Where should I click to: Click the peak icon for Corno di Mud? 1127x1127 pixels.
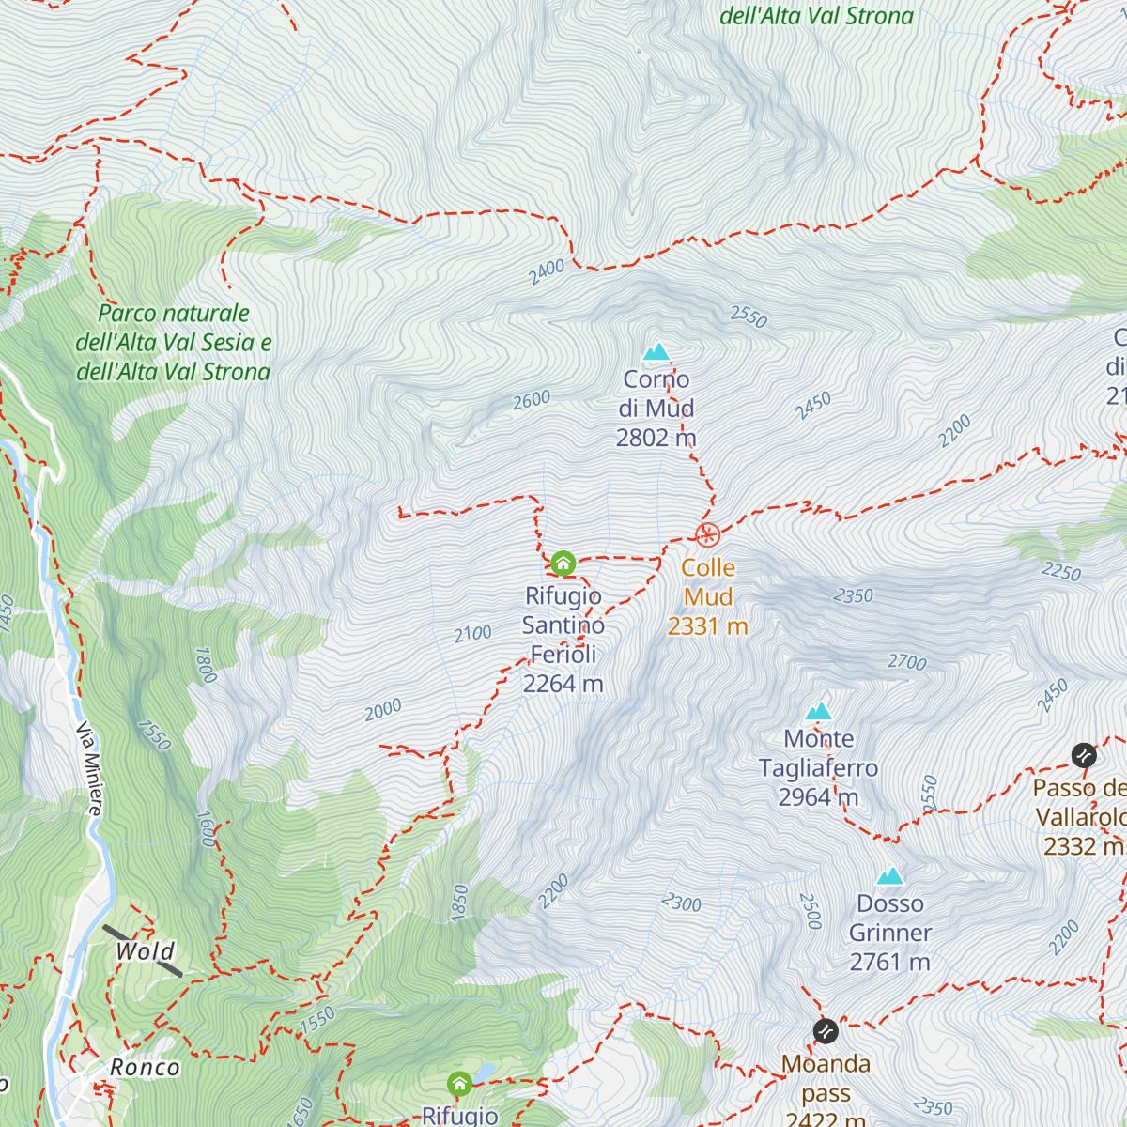[656, 352]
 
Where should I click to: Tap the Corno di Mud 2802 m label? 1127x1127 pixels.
[656, 409]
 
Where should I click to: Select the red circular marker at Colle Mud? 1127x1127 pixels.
[707, 535]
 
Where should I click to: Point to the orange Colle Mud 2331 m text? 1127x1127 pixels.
[708, 596]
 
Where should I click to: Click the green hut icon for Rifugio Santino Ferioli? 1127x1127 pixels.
[563, 563]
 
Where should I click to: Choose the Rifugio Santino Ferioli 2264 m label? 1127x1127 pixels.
[563, 640]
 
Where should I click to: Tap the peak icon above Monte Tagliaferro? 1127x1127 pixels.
[819, 711]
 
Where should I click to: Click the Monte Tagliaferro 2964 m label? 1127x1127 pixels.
[819, 768]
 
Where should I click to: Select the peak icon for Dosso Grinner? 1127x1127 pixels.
[890, 876]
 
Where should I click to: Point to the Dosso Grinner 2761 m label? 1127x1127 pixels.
[890, 933]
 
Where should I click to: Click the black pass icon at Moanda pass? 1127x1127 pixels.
[826, 1031]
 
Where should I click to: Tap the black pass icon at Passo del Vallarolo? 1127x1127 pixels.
[1084, 755]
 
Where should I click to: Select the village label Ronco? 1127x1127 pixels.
[145, 1068]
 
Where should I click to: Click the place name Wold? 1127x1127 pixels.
[145, 951]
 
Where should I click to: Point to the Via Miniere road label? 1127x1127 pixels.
[89, 767]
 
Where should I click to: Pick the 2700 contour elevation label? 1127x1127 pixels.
[907, 662]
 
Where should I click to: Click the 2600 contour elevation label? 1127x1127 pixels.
[532, 400]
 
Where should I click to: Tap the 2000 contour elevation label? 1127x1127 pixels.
[383, 710]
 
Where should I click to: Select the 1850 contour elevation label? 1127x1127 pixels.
[459, 903]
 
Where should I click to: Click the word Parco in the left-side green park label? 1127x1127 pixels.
[127, 314]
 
